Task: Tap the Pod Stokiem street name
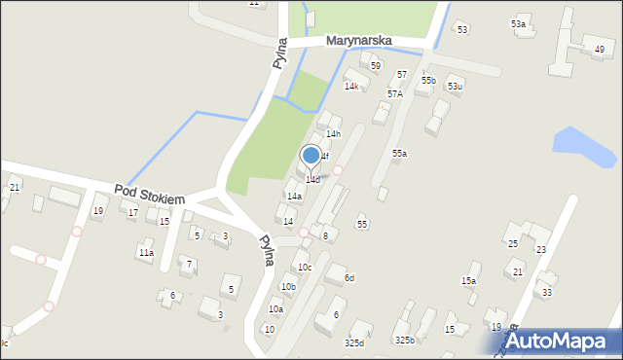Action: (x=149, y=195)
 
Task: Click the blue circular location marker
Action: (x=311, y=155)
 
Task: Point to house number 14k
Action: (x=351, y=86)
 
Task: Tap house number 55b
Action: (x=428, y=80)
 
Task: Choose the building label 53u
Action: (x=455, y=87)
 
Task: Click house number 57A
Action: (x=394, y=93)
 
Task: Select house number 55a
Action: (x=399, y=153)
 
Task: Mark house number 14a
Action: (x=294, y=196)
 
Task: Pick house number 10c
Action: (x=305, y=267)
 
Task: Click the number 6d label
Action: (x=348, y=278)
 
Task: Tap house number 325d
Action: (x=354, y=342)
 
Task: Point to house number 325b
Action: (x=404, y=340)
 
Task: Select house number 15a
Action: (x=469, y=280)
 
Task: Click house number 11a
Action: (x=145, y=252)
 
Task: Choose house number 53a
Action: (x=519, y=23)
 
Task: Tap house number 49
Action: (x=599, y=49)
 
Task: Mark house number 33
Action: (x=547, y=292)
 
